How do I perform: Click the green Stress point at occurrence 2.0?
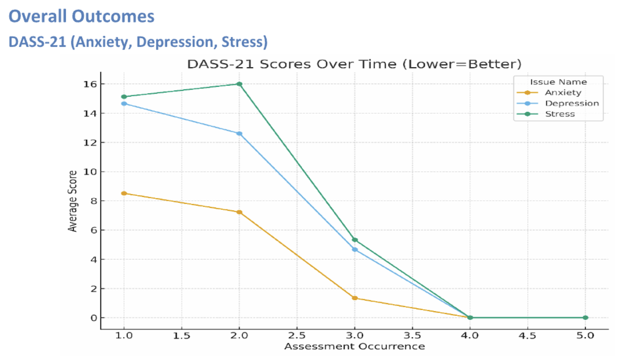[239, 84]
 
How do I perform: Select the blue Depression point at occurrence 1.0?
[124, 104]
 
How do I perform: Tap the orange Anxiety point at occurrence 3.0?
[354, 298]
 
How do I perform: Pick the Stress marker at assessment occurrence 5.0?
[585, 318]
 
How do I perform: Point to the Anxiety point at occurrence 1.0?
[124, 193]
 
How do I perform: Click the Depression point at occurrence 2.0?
[239, 134]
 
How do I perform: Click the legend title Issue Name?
[558, 82]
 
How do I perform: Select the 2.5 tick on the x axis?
[297, 336]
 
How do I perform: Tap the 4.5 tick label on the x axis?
[527, 336]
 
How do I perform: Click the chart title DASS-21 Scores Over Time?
[354, 64]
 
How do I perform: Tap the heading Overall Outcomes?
[82, 16]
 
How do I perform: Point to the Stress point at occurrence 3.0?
[354, 240]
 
